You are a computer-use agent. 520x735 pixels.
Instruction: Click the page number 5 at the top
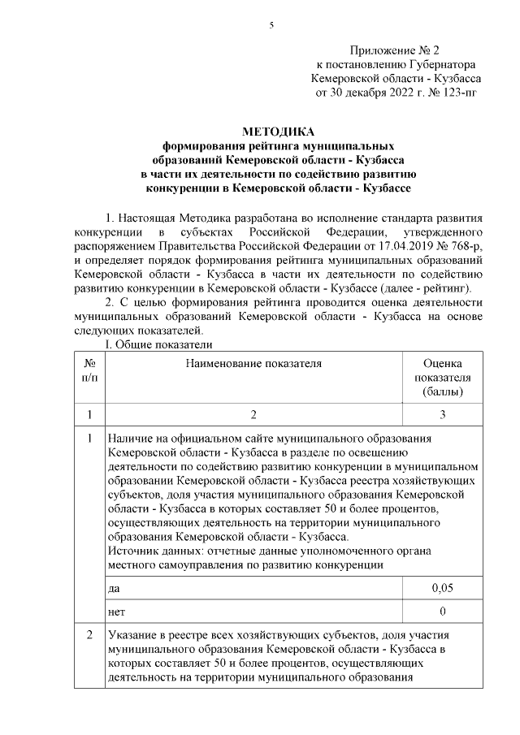[x=272, y=25]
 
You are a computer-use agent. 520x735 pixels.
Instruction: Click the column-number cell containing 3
[x=443, y=415]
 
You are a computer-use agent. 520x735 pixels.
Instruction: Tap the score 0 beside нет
[x=443, y=610]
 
